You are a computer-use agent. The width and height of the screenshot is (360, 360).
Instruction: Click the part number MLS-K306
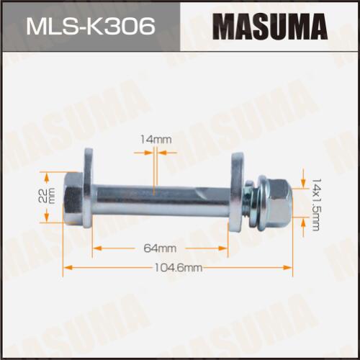pos(91,27)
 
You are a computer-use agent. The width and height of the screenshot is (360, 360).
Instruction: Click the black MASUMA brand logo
pos(270,27)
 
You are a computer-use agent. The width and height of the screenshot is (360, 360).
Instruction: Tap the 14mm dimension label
pos(156,140)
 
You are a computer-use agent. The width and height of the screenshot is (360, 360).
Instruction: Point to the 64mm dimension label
pos(160,248)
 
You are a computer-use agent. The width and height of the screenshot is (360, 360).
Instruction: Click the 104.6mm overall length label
pos(178,268)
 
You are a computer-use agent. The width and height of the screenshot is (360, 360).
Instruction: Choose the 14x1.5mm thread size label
pos(316,204)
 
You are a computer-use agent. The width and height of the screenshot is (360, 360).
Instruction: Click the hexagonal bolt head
pos(73,198)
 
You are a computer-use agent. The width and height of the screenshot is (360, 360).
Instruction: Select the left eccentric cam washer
pos(88,189)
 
